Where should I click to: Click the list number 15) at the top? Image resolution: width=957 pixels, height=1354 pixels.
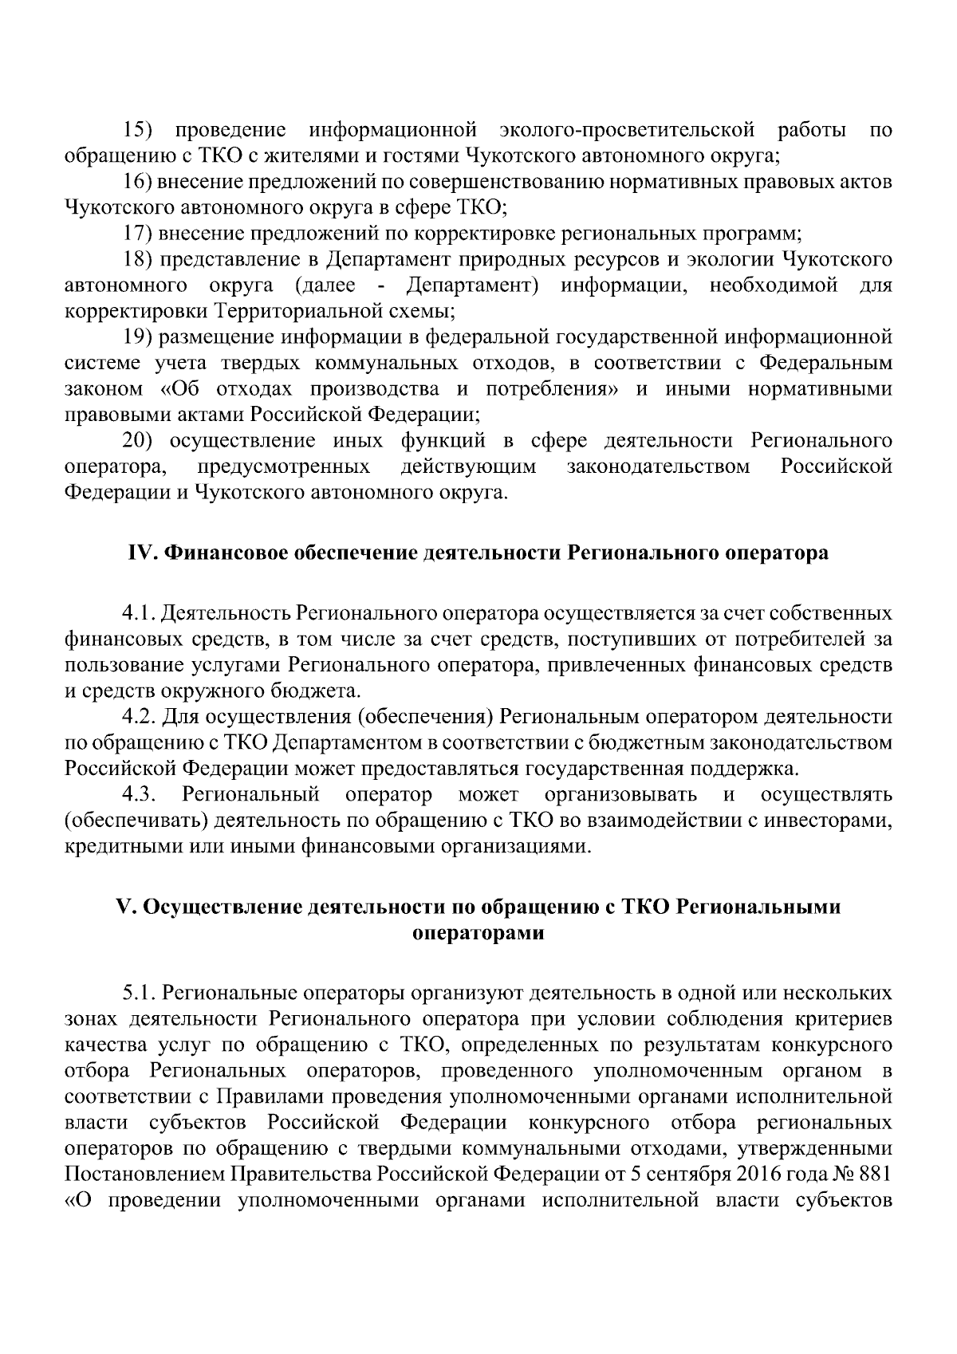(x=140, y=130)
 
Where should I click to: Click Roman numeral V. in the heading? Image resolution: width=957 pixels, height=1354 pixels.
(x=126, y=907)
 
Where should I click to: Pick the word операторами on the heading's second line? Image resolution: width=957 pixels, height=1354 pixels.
(x=478, y=934)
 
